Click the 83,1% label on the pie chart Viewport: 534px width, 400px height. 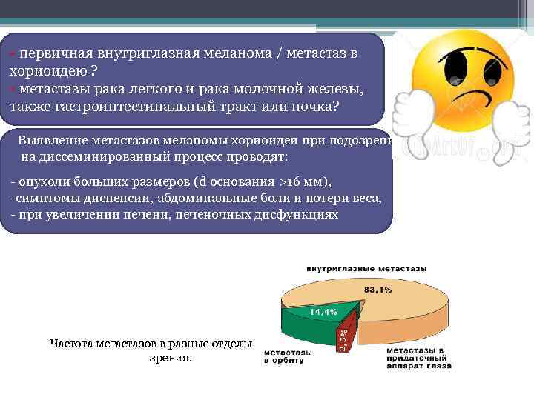[377, 290]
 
